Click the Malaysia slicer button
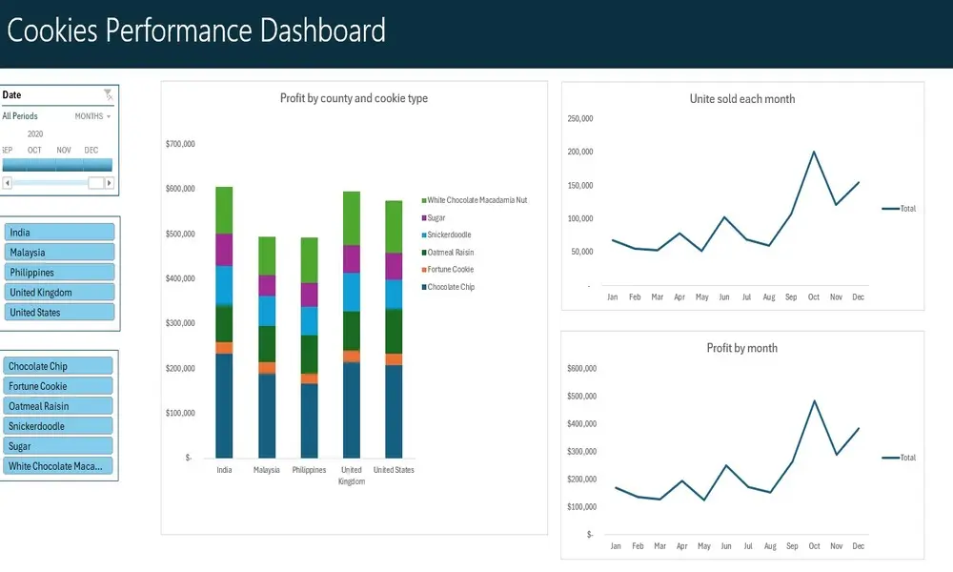coord(59,253)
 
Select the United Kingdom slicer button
coord(59,293)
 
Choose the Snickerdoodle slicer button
coord(59,426)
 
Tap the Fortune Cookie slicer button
coord(59,386)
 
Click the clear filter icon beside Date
coord(108,94)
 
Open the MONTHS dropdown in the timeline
coord(92,116)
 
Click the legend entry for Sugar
coord(436,218)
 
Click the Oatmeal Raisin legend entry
coord(450,253)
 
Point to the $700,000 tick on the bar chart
coord(180,144)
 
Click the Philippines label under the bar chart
coord(308,470)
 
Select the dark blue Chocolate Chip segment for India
coord(224,405)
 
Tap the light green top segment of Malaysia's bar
coord(268,255)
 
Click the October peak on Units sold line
coord(814,152)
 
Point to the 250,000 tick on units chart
coord(580,119)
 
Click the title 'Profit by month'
coord(741,348)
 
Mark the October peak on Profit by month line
coord(814,400)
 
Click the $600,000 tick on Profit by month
coord(580,368)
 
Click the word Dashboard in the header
coord(323,31)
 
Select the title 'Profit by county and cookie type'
coord(354,98)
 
